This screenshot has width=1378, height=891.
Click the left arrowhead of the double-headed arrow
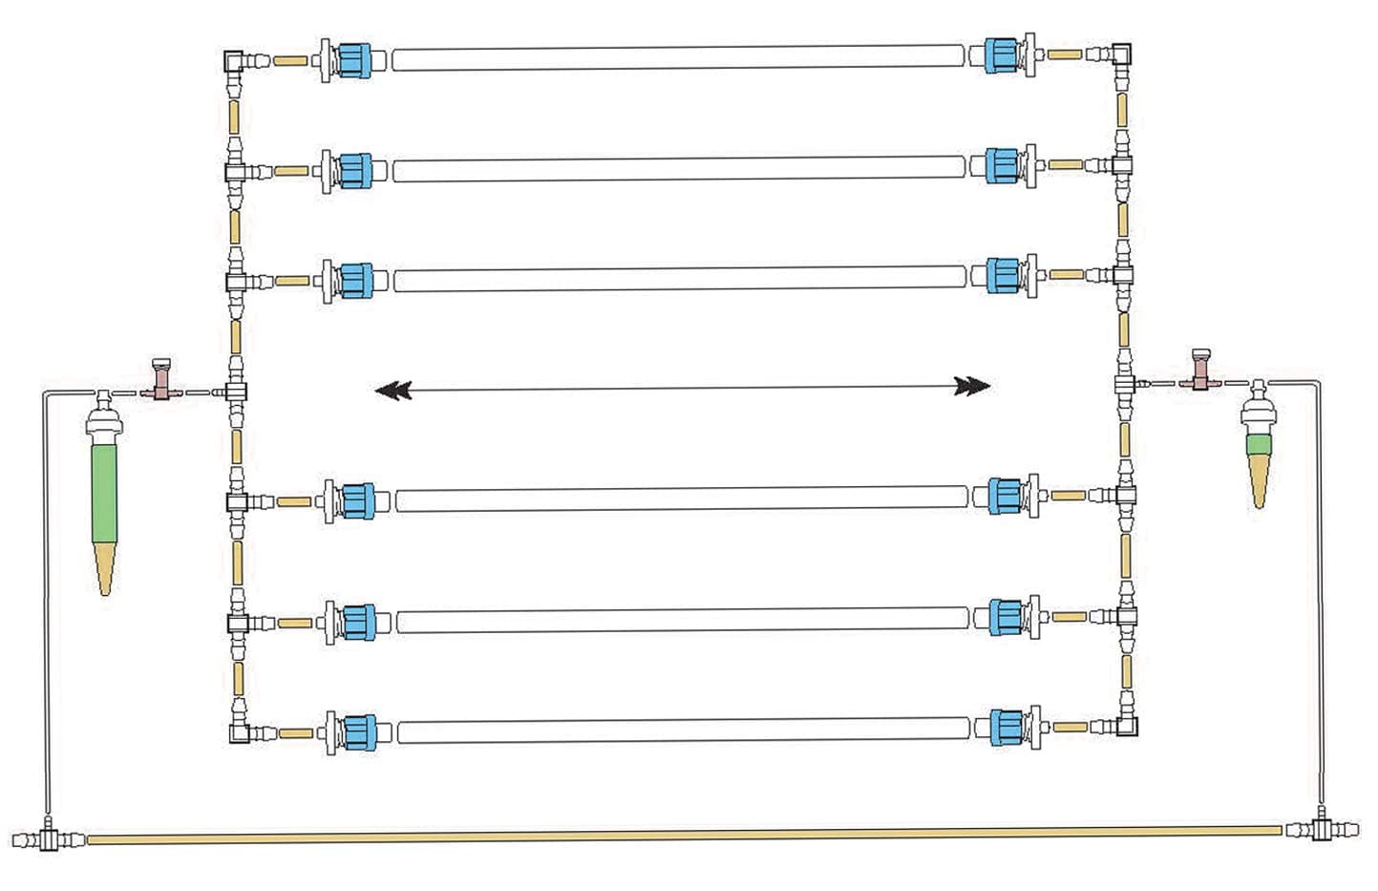point(392,390)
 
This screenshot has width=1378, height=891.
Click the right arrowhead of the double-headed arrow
point(973,386)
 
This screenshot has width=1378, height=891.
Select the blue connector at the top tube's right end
point(1001,53)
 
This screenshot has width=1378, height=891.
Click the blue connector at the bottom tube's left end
point(356,731)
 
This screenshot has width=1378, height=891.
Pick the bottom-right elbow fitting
point(1128,725)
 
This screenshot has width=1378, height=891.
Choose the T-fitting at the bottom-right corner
point(1322,828)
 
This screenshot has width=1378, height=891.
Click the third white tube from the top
point(679,279)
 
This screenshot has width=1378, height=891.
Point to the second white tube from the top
point(678,169)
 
